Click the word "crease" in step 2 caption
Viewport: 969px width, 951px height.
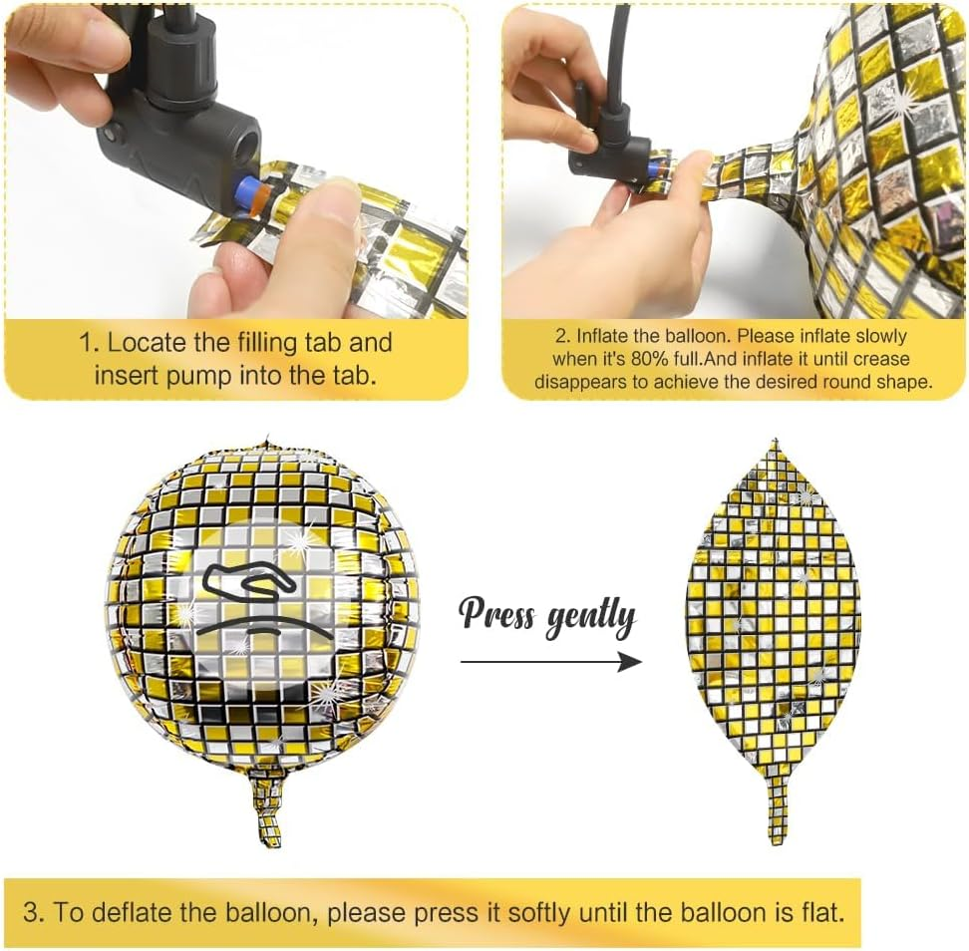878,359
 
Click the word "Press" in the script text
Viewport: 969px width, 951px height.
497,613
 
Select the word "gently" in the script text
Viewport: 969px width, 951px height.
591,619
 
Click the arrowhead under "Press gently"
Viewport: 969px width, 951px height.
630,662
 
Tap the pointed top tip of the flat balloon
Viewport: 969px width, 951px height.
776,440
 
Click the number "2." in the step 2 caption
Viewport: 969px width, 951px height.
563,336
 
